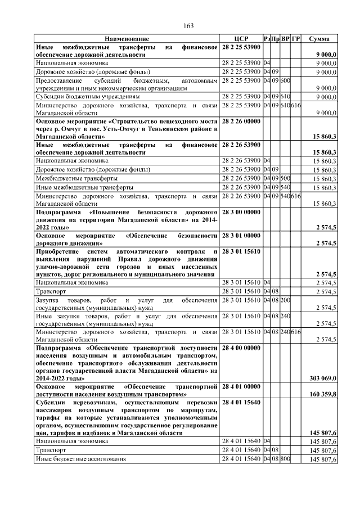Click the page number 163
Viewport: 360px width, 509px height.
tap(188, 26)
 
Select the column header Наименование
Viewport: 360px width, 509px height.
tap(127, 39)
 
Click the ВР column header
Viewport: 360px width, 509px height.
tap(285, 39)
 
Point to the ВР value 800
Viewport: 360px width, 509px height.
tap(285, 460)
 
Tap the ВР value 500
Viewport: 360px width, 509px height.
tap(285, 178)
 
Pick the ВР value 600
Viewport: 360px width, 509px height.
tap(285, 80)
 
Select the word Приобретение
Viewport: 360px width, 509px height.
tap(57, 251)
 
